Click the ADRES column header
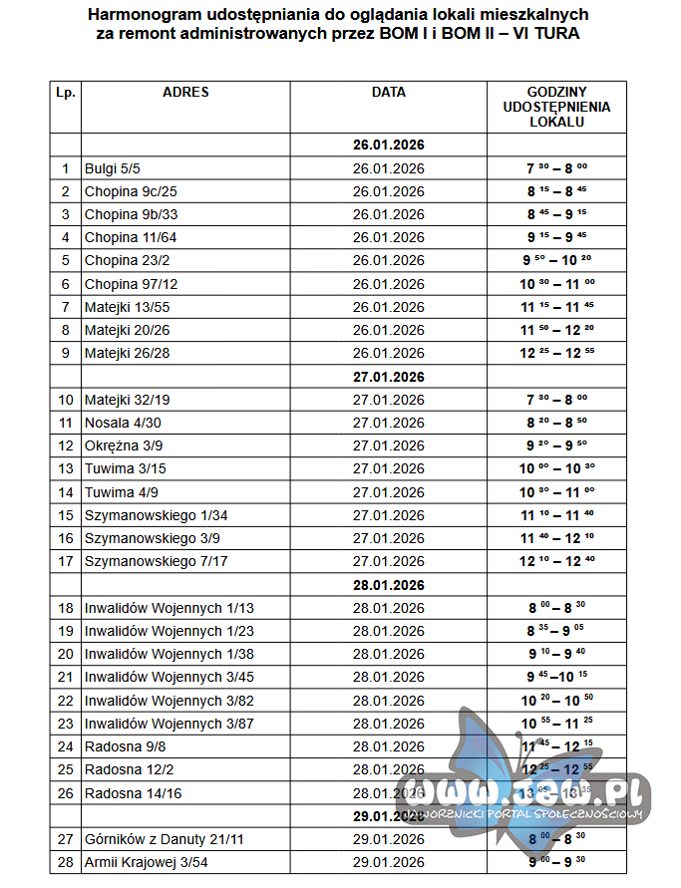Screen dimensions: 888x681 pos(185,92)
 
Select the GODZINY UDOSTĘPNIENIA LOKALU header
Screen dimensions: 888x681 pos(556,107)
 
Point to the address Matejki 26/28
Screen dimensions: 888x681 pos(127,353)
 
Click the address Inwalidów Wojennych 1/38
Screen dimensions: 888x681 pos(169,654)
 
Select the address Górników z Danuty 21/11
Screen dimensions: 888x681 pos(164,839)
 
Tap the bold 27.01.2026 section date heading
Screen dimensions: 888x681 pos(388,377)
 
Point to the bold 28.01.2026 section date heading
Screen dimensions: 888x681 pos(388,585)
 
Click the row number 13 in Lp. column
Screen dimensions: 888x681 pos(66,468)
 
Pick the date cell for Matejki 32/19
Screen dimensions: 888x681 pos(388,400)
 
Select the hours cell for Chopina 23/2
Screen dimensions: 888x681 pos(556,261)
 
